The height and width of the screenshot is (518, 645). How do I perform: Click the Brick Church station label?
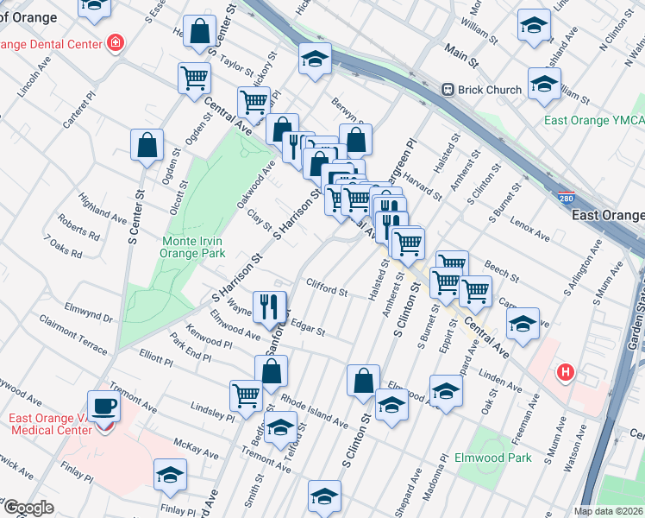pos(490,90)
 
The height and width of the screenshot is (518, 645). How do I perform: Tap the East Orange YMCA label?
pos(593,120)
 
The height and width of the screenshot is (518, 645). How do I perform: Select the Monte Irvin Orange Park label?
pos(193,248)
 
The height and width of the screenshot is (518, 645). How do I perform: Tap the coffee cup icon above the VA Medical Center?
pos(105,405)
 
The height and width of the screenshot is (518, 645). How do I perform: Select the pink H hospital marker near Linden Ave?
pos(565,372)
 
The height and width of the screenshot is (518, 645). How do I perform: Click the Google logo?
pos(28,508)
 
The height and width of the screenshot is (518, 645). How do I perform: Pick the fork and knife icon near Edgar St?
pos(271,306)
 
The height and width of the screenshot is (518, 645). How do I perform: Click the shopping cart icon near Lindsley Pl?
pos(246,395)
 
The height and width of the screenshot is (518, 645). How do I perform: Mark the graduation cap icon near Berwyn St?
pos(315,60)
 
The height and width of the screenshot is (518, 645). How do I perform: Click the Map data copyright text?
pos(608,511)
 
